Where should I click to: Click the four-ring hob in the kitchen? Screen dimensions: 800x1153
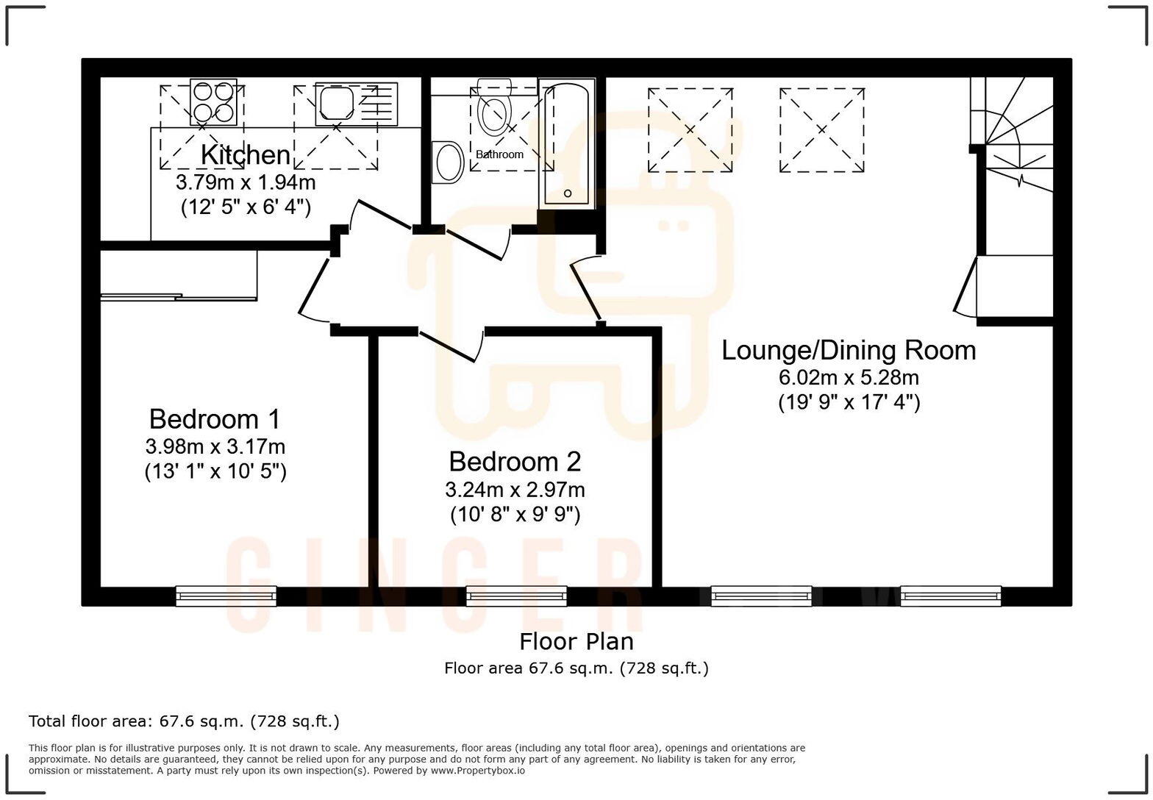[x=214, y=102]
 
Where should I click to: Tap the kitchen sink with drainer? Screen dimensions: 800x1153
[x=356, y=104]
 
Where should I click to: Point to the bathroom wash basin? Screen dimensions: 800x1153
[x=448, y=162]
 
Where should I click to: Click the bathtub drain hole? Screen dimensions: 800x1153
[x=567, y=193]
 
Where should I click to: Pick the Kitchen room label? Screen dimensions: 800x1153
[x=246, y=155]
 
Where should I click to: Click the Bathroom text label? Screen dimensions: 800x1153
[x=499, y=154]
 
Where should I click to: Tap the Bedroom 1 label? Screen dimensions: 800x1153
[x=215, y=419]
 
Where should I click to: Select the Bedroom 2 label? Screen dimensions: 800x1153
[x=515, y=462]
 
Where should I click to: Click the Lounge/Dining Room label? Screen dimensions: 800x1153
[x=849, y=350]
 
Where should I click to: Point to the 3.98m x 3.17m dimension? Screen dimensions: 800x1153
[x=215, y=446]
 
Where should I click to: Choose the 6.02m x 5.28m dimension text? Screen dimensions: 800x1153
[x=849, y=378]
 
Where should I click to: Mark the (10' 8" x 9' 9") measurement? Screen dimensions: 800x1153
[x=515, y=514]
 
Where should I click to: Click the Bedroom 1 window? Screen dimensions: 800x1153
[x=226, y=596]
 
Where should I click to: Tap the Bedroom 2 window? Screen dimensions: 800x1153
[x=516, y=596]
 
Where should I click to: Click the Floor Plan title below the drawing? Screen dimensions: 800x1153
[x=576, y=642]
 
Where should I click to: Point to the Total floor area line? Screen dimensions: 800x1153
[x=184, y=721]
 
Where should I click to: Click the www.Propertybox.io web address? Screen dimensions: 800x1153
[x=477, y=771]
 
